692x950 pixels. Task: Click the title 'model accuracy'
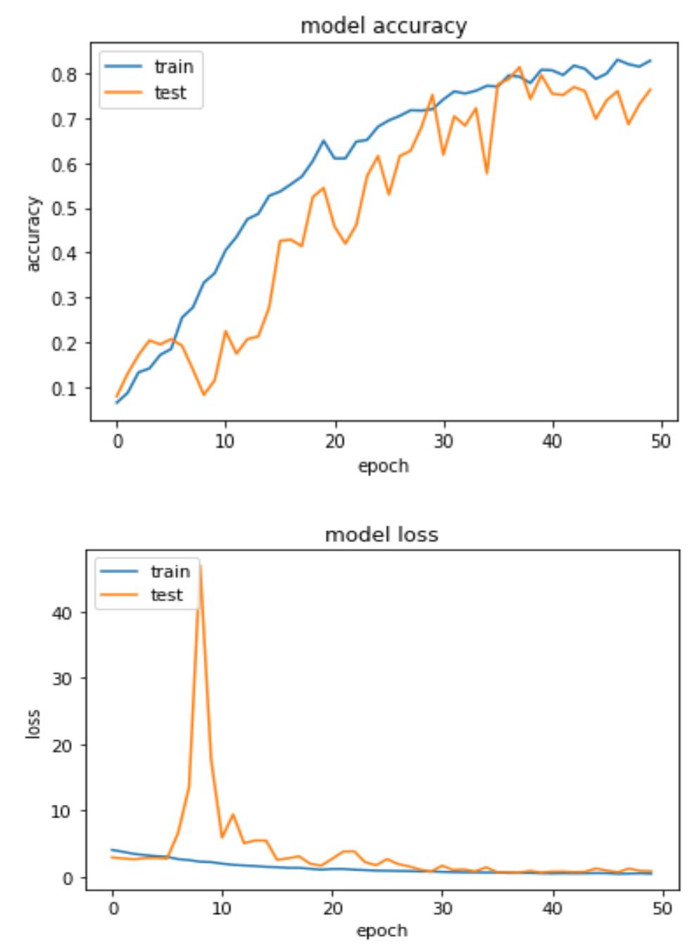pos(383,26)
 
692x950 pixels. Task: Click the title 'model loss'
pos(381,535)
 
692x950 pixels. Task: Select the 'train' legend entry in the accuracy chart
pos(173,67)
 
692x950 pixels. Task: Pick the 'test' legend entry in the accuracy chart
pos(170,92)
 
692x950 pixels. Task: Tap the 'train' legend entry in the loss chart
pos(170,571)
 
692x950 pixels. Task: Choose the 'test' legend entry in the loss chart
pos(166,595)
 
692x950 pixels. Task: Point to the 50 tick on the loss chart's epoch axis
pos(662,908)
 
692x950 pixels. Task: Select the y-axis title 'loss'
pos(34,724)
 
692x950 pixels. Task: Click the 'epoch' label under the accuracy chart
pos(383,466)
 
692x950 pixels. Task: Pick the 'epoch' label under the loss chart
pos(381,931)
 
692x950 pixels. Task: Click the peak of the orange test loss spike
pos(201,565)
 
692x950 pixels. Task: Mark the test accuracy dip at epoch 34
pos(486,173)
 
